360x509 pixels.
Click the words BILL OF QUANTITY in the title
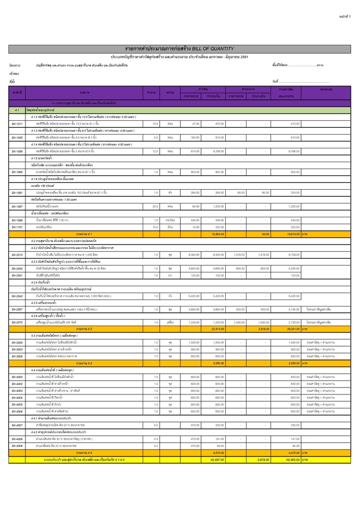coord(212,49)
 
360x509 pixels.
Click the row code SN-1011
coord(17,124)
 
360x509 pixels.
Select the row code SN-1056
coord(17,151)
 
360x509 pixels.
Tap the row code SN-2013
coord(17,254)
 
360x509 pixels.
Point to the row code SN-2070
coord(17,322)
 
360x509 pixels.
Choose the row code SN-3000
coord(17,343)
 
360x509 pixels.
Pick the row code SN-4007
coord(17,425)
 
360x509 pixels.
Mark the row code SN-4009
coord(17,446)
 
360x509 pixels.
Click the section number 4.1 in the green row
coord(17,110)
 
